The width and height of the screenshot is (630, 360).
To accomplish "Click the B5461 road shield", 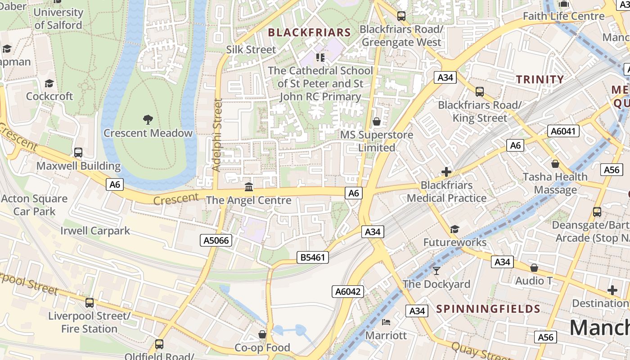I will point(313,257).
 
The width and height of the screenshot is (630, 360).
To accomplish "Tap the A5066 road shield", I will point(216,240).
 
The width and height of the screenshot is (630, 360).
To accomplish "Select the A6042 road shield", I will point(348,292).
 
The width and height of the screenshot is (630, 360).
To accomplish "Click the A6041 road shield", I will point(563,131).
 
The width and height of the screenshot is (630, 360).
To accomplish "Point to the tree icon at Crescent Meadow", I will point(148,120).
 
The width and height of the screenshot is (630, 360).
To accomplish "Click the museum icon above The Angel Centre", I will point(248,187).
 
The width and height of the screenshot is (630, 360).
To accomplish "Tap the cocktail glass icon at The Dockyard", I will point(436,270).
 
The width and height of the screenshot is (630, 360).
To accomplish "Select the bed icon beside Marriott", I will point(386,322).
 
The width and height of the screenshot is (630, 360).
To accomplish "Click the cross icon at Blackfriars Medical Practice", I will point(446,172).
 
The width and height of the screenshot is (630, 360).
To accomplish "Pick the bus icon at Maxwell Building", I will point(78,153).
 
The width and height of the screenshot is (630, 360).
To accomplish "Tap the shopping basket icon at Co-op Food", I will point(262,334).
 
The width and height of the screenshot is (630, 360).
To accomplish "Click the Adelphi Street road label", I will point(217,135).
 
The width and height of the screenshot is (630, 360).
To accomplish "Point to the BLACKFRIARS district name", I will point(309,32).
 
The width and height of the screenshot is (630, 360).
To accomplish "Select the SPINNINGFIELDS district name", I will point(488,309).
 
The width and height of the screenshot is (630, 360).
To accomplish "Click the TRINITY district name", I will point(540,80).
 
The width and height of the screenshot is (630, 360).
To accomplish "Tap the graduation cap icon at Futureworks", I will point(454,229).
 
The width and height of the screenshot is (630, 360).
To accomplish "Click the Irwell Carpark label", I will point(95,231).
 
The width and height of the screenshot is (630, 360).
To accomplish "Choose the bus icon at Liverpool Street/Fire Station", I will point(90,303).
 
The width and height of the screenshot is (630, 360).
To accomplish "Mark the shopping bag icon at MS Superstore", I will point(377,121).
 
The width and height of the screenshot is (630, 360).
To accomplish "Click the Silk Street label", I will point(251,49).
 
